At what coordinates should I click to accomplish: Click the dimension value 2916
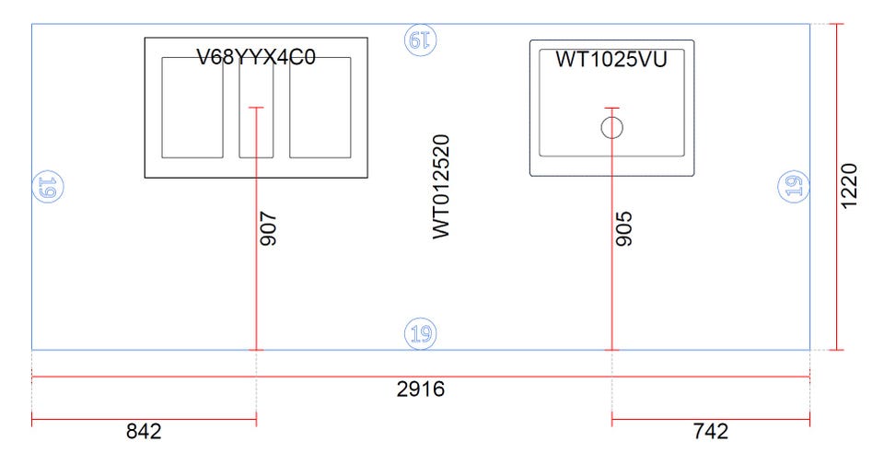421,389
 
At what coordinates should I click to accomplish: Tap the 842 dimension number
144,431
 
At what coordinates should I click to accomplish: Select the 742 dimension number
710,431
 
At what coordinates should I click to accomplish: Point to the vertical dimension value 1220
848,186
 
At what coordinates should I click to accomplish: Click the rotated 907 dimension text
268,228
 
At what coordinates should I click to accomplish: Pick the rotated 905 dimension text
624,228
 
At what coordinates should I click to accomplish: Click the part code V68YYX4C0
256,57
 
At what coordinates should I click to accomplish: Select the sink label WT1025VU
611,59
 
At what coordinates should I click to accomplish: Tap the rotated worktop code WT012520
441,187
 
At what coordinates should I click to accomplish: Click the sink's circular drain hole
611,127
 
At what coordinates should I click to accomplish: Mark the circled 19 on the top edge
421,40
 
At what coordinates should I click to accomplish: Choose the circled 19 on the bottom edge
421,334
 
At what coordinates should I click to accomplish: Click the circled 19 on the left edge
47,187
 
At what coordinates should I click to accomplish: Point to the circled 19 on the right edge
793,186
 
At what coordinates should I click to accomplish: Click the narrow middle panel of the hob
257,108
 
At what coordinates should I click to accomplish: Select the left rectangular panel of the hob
192,108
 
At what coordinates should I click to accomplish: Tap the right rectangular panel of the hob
320,108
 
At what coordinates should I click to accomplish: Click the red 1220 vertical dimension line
837,187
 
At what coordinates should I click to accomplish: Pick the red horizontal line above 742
710,420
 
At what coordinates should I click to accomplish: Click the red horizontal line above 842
144,420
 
